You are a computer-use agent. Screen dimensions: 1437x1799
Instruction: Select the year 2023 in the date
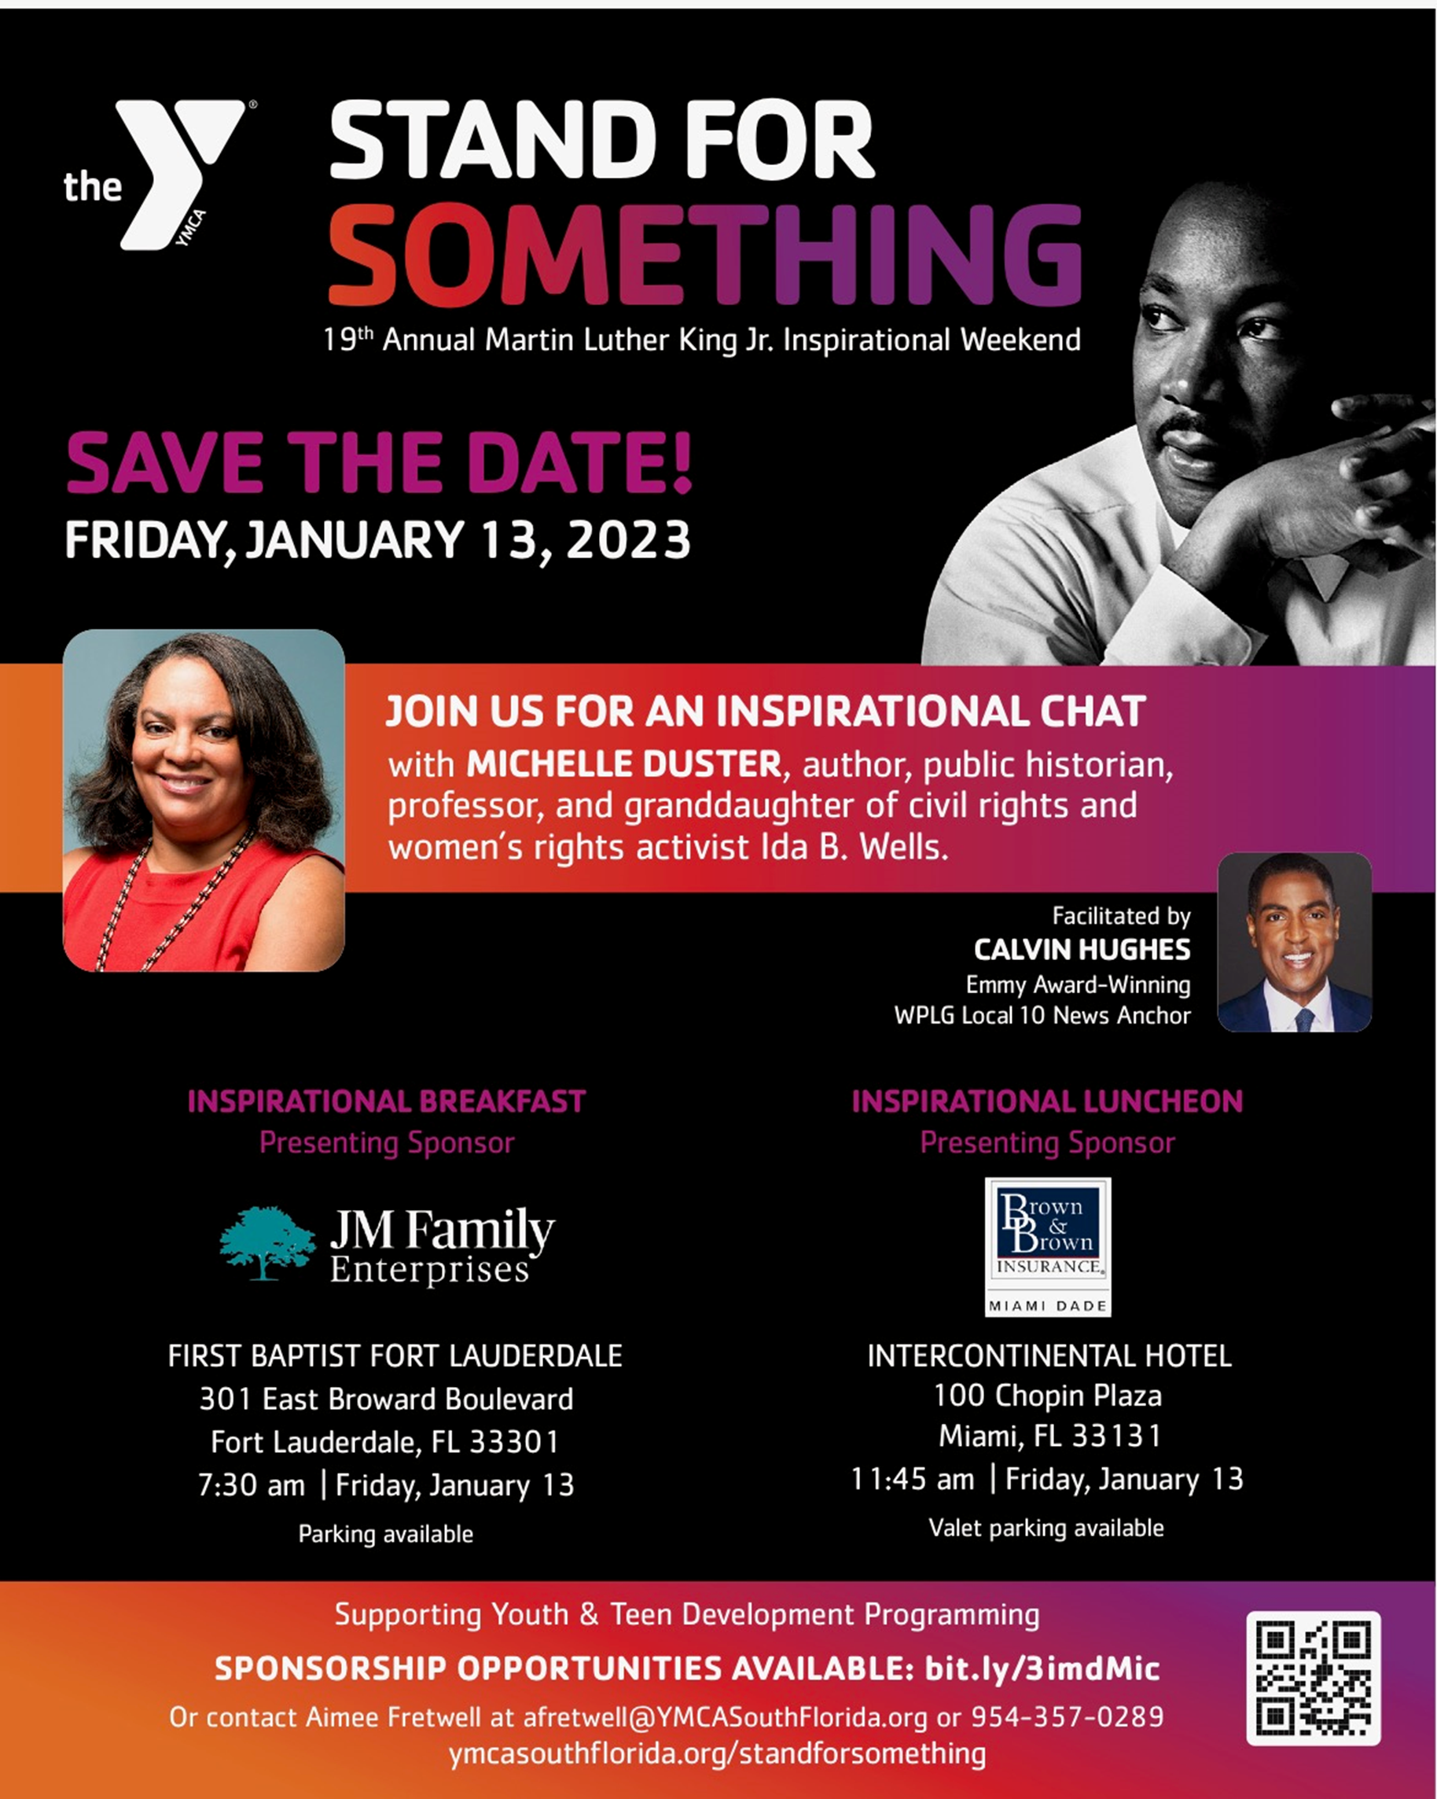coord(629,539)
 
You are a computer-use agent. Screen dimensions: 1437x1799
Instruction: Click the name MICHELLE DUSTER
coord(624,763)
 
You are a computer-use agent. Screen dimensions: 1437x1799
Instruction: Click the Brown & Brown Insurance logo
coord(1048,1246)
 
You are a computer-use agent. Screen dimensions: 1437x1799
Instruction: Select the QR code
coord(1314,1678)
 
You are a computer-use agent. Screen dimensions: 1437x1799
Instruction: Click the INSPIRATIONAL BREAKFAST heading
coord(386,1102)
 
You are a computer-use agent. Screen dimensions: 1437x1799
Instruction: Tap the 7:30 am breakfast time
coord(252,1485)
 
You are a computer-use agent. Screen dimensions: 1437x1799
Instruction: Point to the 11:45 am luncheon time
coord(913,1480)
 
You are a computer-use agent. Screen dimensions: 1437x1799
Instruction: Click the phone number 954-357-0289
coord(1068,1716)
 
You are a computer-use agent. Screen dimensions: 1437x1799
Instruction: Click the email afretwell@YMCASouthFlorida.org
coord(725,1717)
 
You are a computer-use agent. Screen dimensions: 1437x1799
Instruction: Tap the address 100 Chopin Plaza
coord(1048,1395)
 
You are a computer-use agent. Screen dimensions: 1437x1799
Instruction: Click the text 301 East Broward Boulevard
coord(386,1400)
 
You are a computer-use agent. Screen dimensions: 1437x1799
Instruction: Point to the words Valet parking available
coord(1046,1528)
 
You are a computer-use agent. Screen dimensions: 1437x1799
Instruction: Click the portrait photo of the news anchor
coord(1295,942)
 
